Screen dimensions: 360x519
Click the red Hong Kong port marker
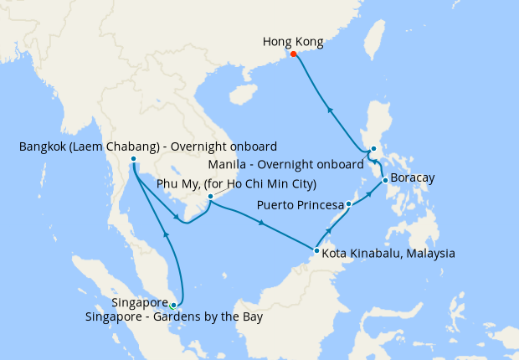294,55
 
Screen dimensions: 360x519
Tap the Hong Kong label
292,41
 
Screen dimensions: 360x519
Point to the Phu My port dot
210,198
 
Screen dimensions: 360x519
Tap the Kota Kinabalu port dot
316,250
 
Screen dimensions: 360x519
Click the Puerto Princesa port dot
348,204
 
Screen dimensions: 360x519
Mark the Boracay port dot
384,180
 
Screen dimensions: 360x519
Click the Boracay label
414,179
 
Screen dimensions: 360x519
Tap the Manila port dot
373,150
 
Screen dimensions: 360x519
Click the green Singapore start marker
173,306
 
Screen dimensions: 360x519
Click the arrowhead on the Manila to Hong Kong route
330,109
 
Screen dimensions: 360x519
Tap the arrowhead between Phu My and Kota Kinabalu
262,223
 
